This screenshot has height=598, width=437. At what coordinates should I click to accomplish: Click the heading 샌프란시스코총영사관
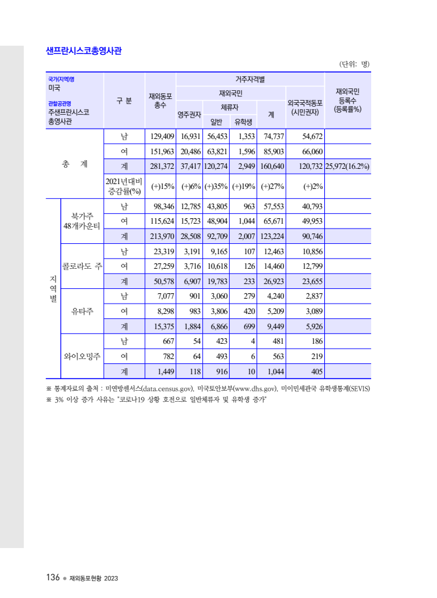(83, 51)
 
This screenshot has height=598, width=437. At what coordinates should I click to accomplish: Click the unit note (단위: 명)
(354, 64)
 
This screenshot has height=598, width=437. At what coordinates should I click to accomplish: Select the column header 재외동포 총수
(160, 101)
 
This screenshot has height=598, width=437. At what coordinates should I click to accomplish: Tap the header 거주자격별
(250, 79)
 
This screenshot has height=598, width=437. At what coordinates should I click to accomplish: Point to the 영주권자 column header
(189, 114)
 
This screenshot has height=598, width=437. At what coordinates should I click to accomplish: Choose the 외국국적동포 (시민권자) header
(305, 107)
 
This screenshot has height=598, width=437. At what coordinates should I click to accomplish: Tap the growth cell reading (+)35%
(216, 187)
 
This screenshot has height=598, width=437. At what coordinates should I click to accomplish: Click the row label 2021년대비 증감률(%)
(124, 187)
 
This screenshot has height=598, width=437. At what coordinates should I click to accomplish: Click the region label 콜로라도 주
(82, 266)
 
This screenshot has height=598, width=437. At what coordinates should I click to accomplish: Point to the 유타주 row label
(82, 311)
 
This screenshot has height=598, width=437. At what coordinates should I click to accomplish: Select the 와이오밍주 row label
(82, 356)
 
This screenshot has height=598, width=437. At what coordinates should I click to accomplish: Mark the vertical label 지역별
(52, 288)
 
